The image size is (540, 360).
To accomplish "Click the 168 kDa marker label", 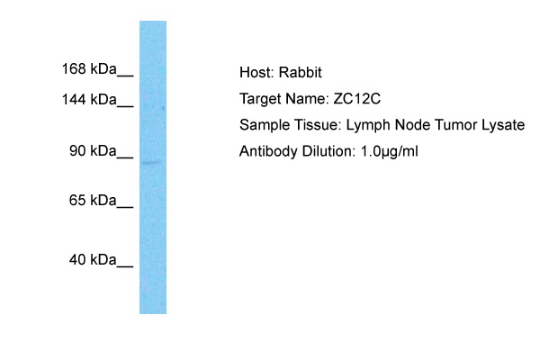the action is coord(89,69).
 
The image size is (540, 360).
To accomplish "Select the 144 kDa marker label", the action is coord(89,100).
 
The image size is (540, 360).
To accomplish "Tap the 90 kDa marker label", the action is coord(93,151).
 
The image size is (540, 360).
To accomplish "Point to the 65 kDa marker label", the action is coord(93,200).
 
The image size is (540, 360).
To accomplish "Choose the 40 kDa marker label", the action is coord(93,260).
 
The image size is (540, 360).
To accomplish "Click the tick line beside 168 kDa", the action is coord(125,76).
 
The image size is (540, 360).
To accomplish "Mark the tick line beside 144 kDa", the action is coord(125,106).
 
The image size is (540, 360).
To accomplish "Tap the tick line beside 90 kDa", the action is coord(125,157).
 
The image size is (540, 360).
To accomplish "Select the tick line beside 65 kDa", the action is coord(125,207).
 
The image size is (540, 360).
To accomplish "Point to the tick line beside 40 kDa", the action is coord(125,266).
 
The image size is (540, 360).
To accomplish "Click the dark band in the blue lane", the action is coord(152,162).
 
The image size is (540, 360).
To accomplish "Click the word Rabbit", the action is coord(300,73).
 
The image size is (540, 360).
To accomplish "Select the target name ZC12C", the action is coord(356,99).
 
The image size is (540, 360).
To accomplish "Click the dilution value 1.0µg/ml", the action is coord(389,152).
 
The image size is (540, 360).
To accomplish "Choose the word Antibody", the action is coord(268,152).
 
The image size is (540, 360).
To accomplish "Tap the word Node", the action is coord(412,125).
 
